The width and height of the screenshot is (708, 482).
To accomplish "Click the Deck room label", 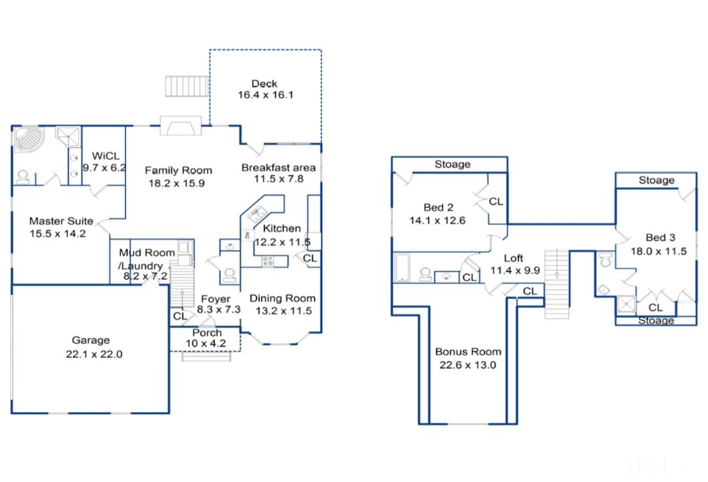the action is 264,83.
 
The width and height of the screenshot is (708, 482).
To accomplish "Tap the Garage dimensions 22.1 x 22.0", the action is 94,354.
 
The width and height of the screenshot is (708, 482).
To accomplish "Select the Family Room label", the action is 178,170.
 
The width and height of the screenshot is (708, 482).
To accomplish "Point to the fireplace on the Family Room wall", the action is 180,125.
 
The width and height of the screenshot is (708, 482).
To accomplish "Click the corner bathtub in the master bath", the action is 29,140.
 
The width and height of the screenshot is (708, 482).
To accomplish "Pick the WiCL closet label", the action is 106,156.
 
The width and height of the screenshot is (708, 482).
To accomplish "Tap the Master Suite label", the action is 61,221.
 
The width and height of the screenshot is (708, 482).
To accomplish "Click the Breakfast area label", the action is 278,167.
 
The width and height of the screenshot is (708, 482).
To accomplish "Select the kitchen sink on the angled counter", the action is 257,213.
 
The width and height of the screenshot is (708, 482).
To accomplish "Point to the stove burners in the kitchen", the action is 268,261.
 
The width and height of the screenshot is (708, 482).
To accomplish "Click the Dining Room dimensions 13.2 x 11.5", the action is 284,311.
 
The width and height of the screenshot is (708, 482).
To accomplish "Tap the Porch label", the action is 207,333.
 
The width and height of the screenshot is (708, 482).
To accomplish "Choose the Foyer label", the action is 216,299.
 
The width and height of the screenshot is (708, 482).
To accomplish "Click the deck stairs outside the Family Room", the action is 187,86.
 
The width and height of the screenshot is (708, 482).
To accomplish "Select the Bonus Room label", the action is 468,352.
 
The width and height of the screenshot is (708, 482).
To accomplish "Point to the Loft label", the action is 513,258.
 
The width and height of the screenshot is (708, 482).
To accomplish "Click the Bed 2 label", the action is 439,207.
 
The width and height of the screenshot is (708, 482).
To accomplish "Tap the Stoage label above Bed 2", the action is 452,164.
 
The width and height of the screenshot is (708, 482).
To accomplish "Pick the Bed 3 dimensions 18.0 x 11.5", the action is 659,251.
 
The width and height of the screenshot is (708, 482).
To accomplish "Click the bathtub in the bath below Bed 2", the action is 402,267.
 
